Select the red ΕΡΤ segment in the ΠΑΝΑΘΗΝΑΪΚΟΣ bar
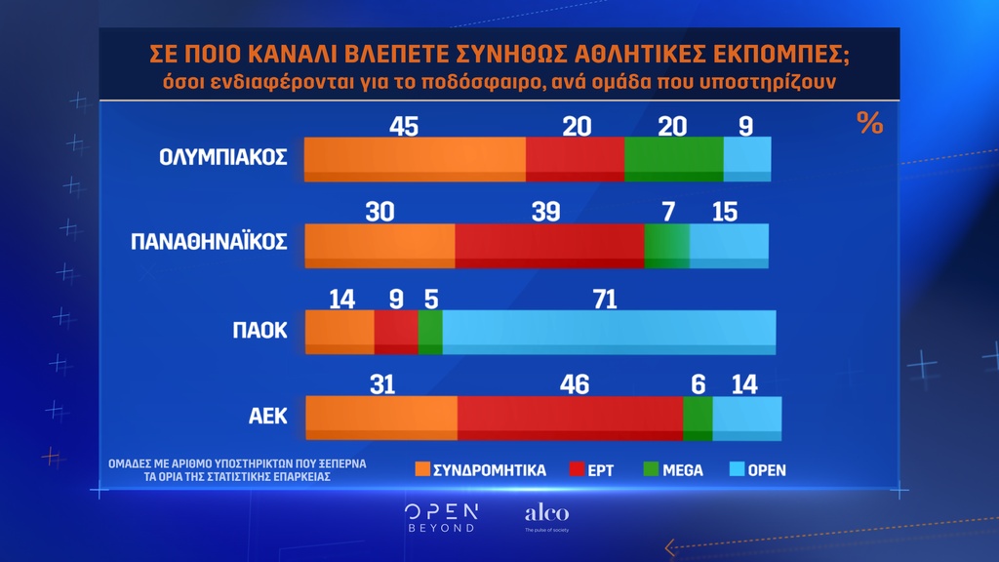549,245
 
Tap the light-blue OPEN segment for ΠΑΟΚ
609,332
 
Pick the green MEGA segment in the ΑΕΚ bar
698,418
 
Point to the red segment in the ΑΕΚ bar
570,418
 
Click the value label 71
605,299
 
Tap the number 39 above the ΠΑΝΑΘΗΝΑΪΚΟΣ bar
546,211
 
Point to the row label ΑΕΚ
265,416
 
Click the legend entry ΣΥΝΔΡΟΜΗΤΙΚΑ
480,470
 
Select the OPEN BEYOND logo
441,517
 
